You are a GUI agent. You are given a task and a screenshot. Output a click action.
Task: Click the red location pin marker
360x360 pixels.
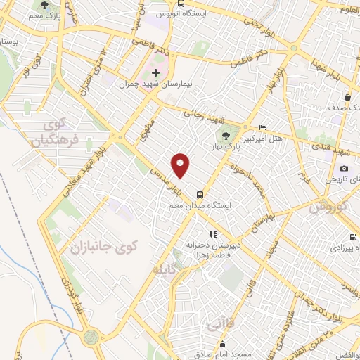click(x=181, y=165)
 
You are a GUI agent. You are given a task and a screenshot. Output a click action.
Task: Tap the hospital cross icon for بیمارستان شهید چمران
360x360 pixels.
click(x=156, y=72)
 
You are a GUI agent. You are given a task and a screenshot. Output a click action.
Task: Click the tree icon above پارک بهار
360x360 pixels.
click(x=226, y=136)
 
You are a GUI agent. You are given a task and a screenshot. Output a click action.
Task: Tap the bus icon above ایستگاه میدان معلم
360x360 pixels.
click(x=200, y=194)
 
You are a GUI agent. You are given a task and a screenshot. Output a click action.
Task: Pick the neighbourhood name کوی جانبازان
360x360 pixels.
click(x=101, y=248)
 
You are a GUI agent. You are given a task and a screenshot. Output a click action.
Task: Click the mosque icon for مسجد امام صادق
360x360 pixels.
click(x=222, y=345)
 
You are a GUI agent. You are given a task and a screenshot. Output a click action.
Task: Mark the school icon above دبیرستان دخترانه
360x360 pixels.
click(x=212, y=234)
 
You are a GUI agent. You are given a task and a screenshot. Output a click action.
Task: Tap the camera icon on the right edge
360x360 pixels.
click(x=345, y=168)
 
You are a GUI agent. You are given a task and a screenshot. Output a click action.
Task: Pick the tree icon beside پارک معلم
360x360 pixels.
click(x=46, y=6)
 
